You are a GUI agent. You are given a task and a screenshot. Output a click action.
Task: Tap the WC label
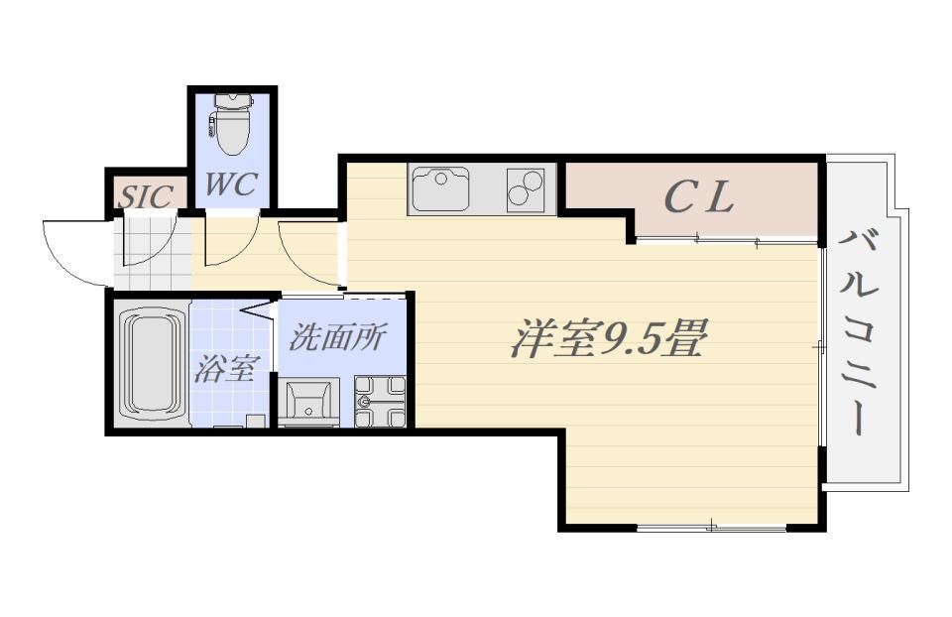point(231,184)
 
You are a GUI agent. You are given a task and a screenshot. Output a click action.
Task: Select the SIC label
point(146,195)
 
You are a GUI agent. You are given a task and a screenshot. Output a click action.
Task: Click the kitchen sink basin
point(439,189)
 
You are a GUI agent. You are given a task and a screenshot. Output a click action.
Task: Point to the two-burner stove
point(526,188)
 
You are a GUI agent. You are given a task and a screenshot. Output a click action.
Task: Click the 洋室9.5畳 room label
point(607,340)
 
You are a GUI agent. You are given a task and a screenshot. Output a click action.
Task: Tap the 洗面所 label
point(336,337)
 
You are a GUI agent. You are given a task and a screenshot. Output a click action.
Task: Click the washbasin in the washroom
point(308,402)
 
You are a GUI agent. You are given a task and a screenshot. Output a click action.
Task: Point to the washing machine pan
point(380,402)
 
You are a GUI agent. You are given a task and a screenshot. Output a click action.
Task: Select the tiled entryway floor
point(149,253)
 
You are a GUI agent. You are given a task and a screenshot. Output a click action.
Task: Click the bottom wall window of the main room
point(711,526)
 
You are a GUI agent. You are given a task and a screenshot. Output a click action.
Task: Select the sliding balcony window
point(821,347)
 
